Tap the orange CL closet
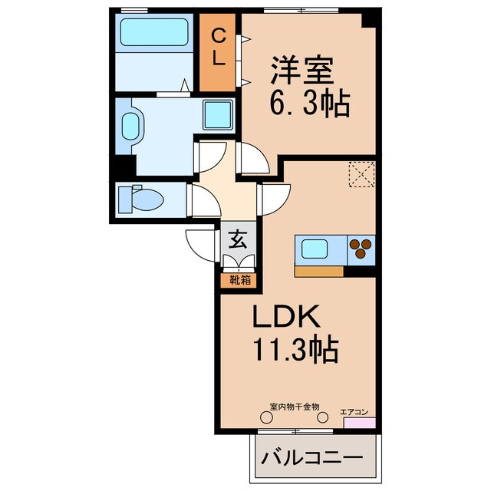[x=218, y=51]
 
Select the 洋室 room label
[x=300, y=71]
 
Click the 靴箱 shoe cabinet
[x=237, y=280]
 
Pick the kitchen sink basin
[x=317, y=249]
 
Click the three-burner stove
[x=360, y=249]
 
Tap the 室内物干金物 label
[x=295, y=407]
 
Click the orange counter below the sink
[x=318, y=271]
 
